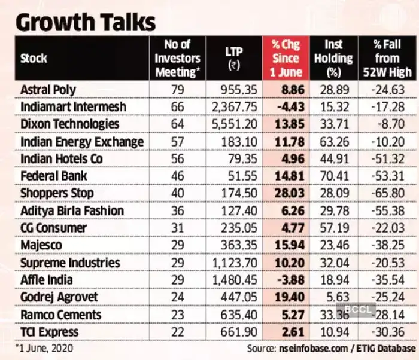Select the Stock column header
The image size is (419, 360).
(x=34, y=59)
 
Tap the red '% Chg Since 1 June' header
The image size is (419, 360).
(x=286, y=59)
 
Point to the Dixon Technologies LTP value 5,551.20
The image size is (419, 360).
(x=234, y=124)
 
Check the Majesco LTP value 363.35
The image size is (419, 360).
(x=240, y=245)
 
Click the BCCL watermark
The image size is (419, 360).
(x=360, y=310)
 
